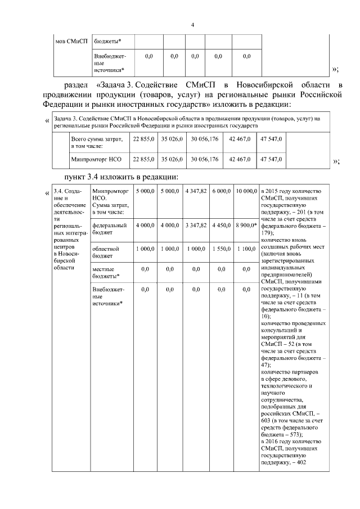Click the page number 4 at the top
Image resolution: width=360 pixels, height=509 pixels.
point(192,25)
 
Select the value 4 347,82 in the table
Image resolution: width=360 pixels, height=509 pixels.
point(195,192)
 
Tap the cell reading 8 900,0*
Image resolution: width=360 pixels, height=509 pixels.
point(246,225)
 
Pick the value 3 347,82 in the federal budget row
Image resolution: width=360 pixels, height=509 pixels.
point(195,225)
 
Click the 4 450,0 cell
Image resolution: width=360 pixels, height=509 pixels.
point(221,225)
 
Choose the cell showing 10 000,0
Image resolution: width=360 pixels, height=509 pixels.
point(246,192)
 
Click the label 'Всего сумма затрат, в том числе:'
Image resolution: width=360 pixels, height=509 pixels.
point(94,142)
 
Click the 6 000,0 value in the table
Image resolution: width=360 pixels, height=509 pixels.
point(221,192)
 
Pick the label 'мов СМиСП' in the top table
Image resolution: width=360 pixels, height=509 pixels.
point(71,40)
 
